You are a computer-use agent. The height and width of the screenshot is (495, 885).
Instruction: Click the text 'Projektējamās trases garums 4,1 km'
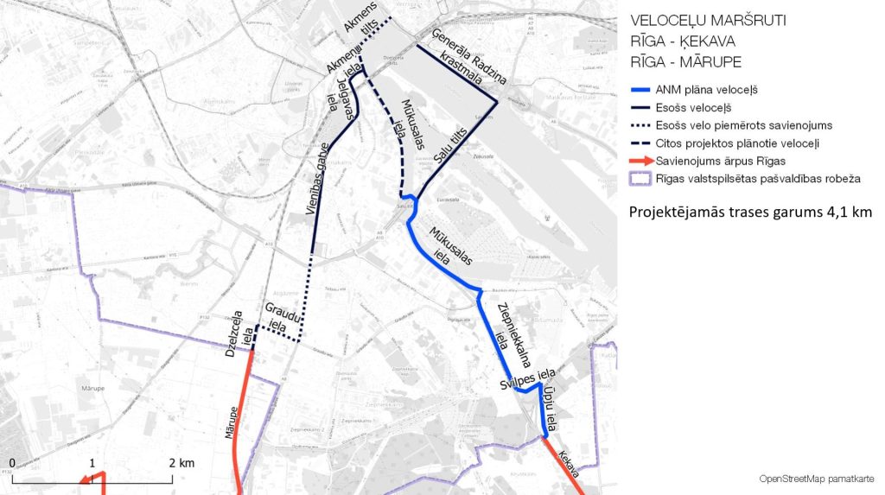coord(750,212)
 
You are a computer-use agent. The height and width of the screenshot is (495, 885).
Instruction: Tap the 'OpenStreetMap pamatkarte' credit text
coord(816,479)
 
